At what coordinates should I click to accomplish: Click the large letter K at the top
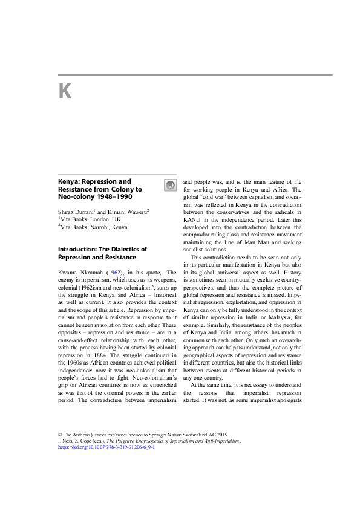coord(65,91)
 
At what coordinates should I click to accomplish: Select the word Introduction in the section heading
coord(77,249)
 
